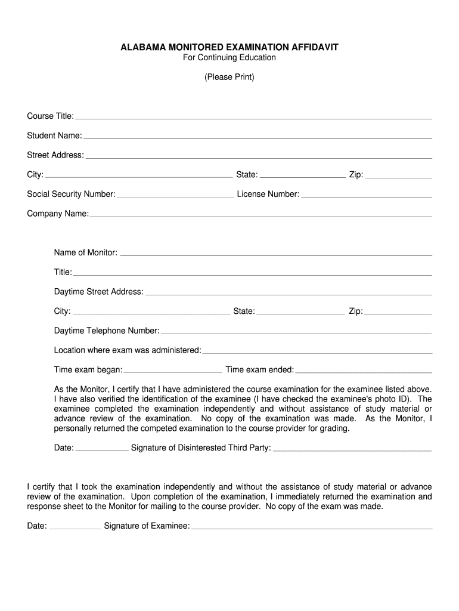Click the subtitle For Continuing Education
coord(229,58)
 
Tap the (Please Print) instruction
coord(229,77)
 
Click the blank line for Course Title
coord(253,118)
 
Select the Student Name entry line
coord(258,138)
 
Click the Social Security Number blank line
coord(175,196)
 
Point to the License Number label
coord(268,194)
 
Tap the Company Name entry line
coord(260,216)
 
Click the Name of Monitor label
coord(86,252)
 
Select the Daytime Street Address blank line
coord(289,294)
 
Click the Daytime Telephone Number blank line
coord(296,333)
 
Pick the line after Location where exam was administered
coord(317,353)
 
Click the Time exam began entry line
coord(173,372)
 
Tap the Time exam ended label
coord(259,370)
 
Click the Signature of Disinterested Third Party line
coord(352,450)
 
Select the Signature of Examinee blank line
coord(312,529)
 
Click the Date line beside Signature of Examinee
coord(75,529)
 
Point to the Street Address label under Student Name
coord(55,155)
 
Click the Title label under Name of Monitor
coord(63,272)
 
